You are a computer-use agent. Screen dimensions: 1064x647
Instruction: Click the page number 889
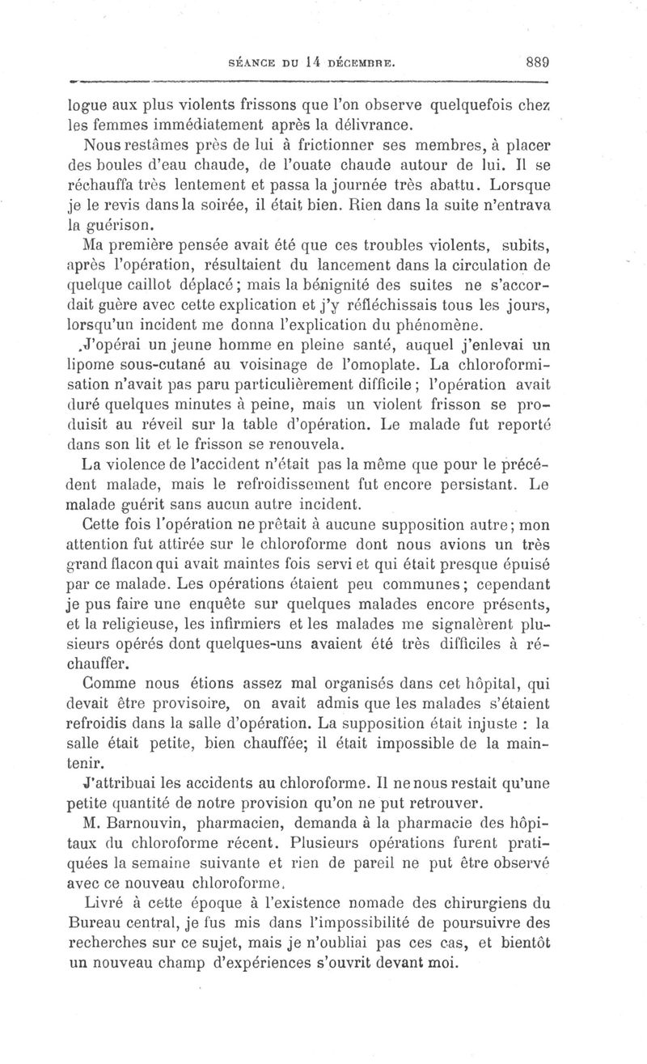pyautogui.click(x=536, y=61)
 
